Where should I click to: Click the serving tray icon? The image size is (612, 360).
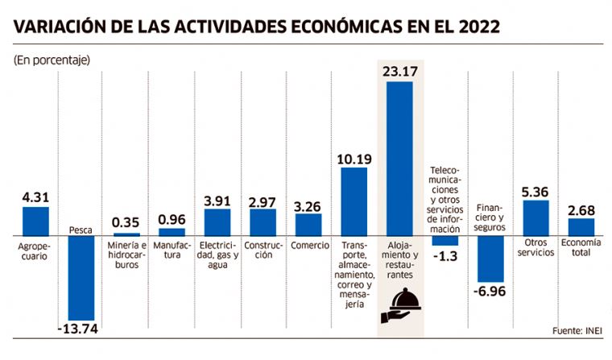point(400,305)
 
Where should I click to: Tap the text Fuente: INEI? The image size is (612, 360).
point(577,331)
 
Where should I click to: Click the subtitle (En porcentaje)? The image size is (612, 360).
point(52,60)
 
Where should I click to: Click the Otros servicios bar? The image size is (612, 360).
point(536,217)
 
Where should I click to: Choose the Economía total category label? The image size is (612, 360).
point(581,247)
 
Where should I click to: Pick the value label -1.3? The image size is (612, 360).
point(445,256)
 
